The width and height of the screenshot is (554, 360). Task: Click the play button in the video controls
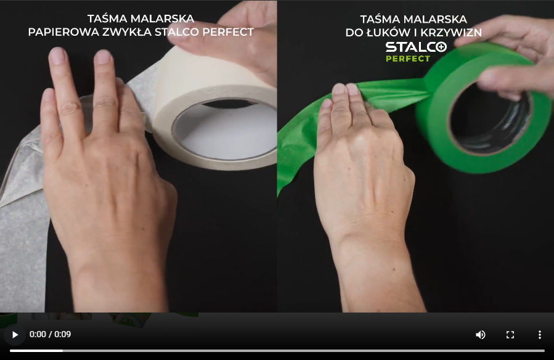(15, 335)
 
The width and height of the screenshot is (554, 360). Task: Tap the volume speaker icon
(480, 335)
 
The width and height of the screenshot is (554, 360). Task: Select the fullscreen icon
(510, 335)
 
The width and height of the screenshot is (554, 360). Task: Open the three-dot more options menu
(539, 335)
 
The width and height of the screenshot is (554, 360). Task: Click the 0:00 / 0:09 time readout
(50, 334)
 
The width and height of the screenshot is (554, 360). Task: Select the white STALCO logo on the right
(416, 47)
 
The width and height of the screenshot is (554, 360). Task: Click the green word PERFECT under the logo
(408, 59)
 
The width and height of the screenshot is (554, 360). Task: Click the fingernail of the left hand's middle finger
(103, 57)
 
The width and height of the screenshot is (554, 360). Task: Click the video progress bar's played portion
(36, 351)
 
